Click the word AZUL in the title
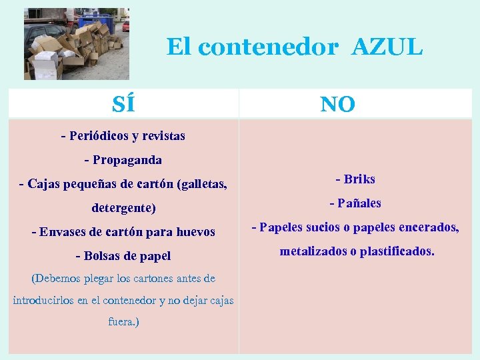click(387, 47)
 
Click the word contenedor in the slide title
click(268, 47)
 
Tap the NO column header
click(337, 104)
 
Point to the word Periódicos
click(99, 136)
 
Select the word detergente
click(124, 208)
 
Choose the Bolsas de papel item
click(123, 256)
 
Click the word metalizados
click(313, 252)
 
